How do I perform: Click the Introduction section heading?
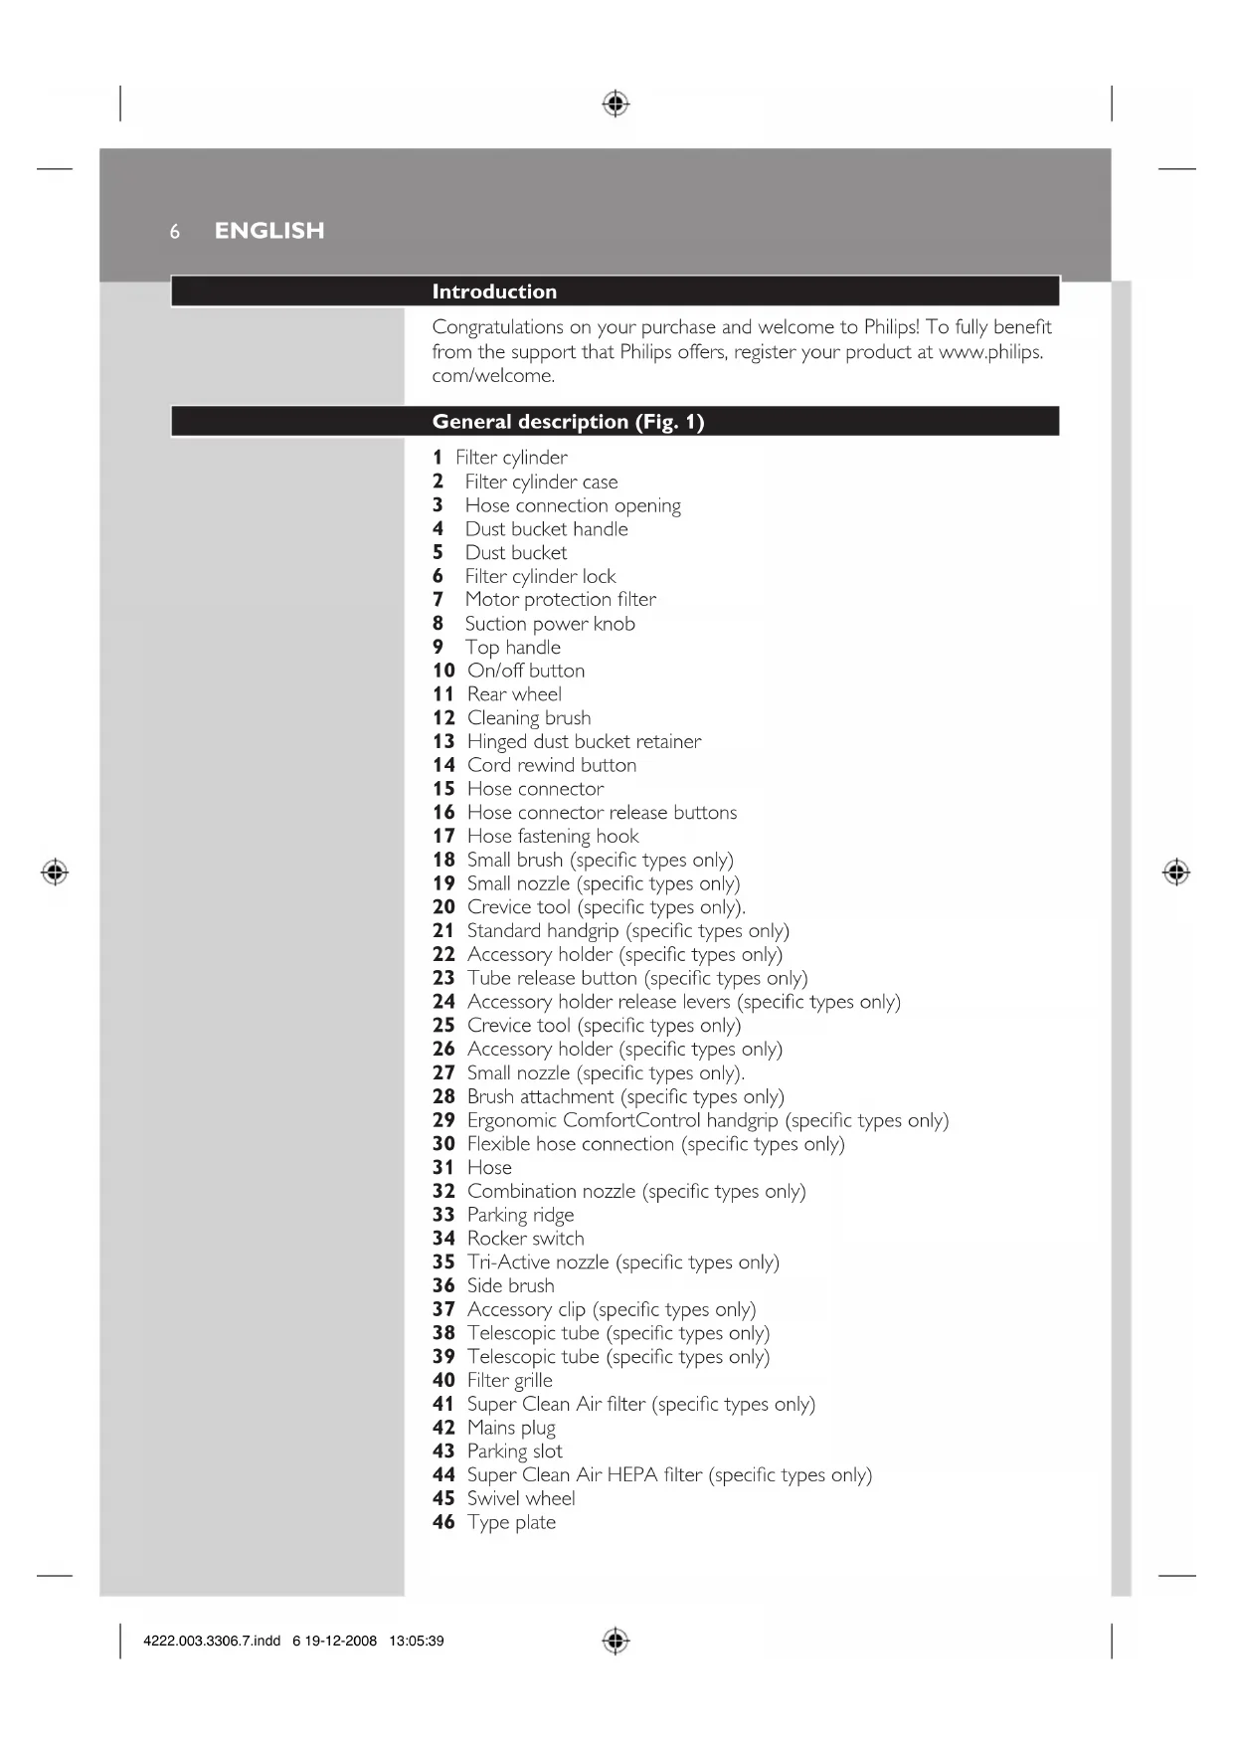click(x=494, y=291)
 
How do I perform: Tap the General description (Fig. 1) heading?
click(x=568, y=422)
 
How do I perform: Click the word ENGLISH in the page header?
click(x=269, y=231)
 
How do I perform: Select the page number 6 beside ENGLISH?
click(x=175, y=232)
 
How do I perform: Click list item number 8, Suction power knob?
click(x=549, y=624)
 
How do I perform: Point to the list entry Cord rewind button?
click(x=551, y=765)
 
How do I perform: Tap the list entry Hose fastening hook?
click(x=553, y=837)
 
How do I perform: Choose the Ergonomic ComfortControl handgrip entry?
click(x=707, y=1120)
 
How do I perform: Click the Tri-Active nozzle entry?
click(x=622, y=1262)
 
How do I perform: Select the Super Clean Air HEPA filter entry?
click(x=668, y=1475)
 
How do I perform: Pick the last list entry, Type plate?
click(x=511, y=1522)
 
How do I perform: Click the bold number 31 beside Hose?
click(x=443, y=1168)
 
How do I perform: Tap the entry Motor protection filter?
click(x=560, y=600)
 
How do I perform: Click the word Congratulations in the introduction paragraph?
click(x=497, y=327)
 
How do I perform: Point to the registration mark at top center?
click(x=616, y=103)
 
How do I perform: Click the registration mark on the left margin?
click(x=55, y=872)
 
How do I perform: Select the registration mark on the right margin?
click(x=1176, y=872)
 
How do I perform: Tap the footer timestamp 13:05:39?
click(x=416, y=1641)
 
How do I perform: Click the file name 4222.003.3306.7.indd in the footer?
click(x=212, y=1641)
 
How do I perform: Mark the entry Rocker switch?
click(x=525, y=1239)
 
